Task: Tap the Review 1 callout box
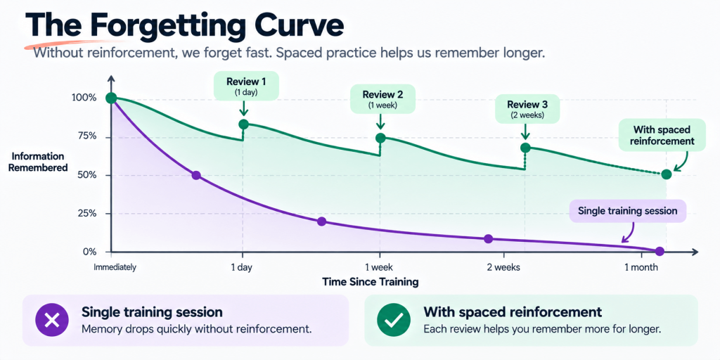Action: point(246,85)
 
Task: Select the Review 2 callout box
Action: point(382,98)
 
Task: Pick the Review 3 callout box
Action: point(527,109)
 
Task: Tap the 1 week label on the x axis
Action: point(379,267)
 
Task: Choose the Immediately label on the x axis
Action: point(115,267)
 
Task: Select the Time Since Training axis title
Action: point(370,281)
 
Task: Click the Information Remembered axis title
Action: point(38,162)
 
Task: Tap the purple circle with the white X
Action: point(52,320)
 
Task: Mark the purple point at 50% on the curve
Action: point(196,175)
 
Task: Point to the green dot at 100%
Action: point(110,98)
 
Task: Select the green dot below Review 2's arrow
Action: point(380,138)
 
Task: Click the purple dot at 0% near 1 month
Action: point(660,251)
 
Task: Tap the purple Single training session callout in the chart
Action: point(628,211)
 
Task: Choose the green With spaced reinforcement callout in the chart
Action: point(662,135)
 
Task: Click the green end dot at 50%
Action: point(667,174)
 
